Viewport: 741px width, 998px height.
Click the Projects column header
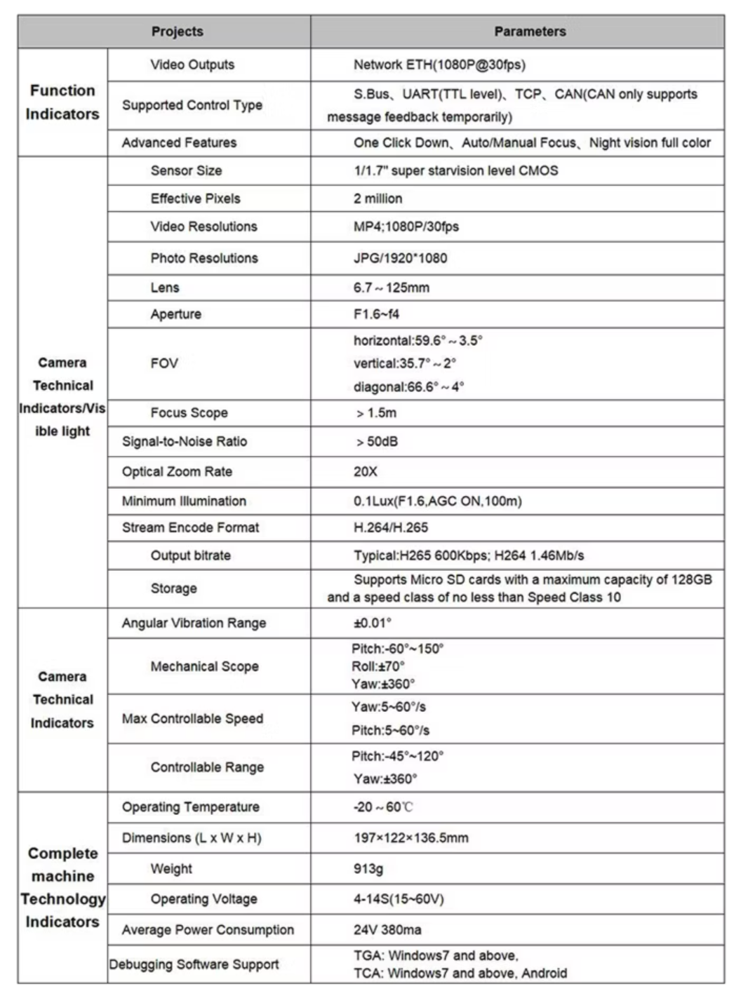177,32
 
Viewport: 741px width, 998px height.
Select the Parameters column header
530,32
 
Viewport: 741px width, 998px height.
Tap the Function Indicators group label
62,102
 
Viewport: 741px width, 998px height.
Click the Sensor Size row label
186,170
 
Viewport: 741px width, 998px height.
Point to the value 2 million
378,198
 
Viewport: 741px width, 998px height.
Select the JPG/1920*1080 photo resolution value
400,258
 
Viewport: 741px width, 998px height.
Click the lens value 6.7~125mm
391,288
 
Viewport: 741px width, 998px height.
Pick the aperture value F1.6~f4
376,314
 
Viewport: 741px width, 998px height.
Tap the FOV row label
164,363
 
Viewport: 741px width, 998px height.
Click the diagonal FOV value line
408,387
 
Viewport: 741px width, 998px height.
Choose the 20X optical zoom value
365,472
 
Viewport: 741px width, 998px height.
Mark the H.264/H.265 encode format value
390,527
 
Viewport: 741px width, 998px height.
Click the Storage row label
173,588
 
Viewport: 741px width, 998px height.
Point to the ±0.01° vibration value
372,623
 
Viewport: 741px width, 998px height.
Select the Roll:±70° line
378,666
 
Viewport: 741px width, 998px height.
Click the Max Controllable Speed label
192,719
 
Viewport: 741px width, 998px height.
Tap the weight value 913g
368,869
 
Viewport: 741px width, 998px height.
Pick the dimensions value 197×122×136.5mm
410,838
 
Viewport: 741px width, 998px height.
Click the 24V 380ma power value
387,930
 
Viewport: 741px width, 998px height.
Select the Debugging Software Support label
194,964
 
